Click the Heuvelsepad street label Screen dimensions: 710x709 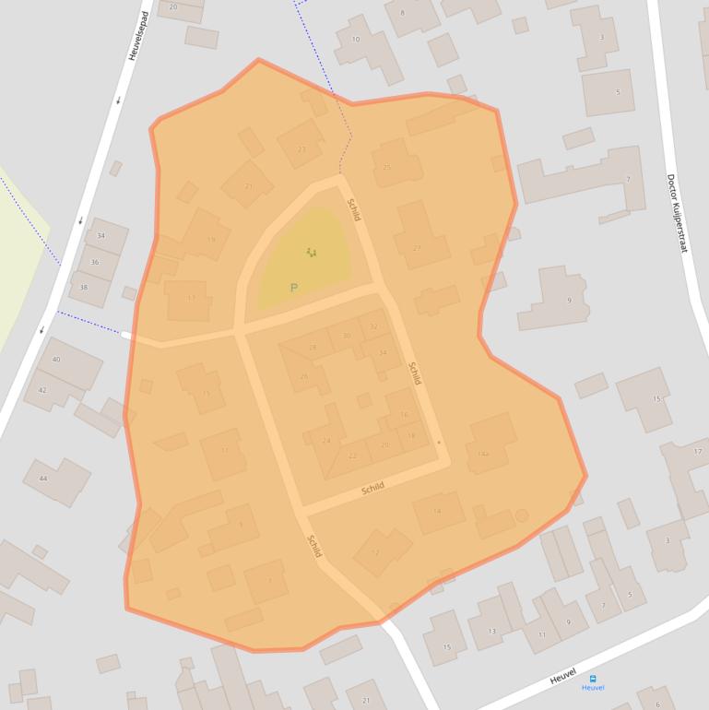pyautogui.click(x=139, y=37)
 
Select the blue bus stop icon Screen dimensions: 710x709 pyautogui.click(x=593, y=678)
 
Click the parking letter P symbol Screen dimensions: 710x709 pyautogui.click(x=294, y=288)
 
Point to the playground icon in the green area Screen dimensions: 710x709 pyautogui.click(x=312, y=252)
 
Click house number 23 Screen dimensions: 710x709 pyautogui.click(x=301, y=148)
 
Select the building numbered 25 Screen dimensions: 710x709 pyautogui.click(x=387, y=167)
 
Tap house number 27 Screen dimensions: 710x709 pyautogui.click(x=417, y=248)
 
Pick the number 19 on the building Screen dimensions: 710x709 pyautogui.click(x=211, y=240)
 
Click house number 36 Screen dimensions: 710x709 pyautogui.click(x=94, y=262)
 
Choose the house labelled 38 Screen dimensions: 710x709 pyautogui.click(x=83, y=287)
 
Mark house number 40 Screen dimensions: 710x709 pyautogui.click(x=56, y=359)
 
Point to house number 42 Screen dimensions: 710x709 pyautogui.click(x=41, y=390)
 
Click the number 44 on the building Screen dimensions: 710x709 pyautogui.click(x=42, y=479)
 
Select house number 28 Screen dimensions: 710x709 pyautogui.click(x=313, y=348)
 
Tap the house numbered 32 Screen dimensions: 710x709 pyautogui.click(x=373, y=326)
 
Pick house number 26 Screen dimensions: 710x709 pyautogui.click(x=304, y=376)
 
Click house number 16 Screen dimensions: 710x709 pyautogui.click(x=404, y=415)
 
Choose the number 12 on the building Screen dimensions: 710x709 pyautogui.click(x=375, y=552)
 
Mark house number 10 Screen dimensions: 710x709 pyautogui.click(x=356, y=39)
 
